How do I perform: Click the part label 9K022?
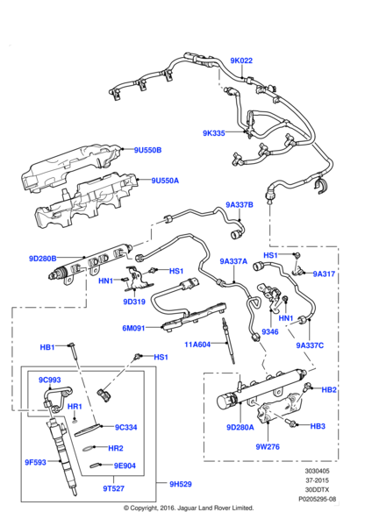coord(241,61)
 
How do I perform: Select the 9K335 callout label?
coord(214,133)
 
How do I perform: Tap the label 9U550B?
coord(147,149)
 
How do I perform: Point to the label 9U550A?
coord(164,181)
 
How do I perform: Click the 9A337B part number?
coord(240,205)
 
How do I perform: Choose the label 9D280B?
coord(42,259)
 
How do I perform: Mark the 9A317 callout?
coord(324,274)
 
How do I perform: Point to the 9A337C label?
coord(310,345)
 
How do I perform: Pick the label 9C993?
coord(49,380)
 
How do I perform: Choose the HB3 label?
coord(318,426)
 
